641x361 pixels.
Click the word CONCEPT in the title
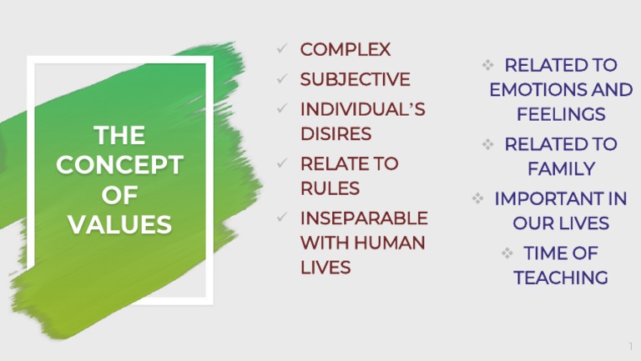[x=119, y=165]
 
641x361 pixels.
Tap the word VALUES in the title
[x=119, y=224]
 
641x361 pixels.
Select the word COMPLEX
[x=345, y=49]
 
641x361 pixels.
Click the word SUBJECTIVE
[x=355, y=79]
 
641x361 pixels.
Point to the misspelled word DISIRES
[x=336, y=133]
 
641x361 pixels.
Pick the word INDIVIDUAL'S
[x=362, y=109]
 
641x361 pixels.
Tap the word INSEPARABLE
[x=364, y=218]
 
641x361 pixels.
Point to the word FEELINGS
[x=560, y=114]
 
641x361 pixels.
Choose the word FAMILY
[x=561, y=168]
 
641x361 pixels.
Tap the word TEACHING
[x=560, y=278]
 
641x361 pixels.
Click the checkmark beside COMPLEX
[x=283, y=50]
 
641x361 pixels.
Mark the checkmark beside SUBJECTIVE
[x=283, y=80]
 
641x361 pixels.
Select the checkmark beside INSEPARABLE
[x=283, y=218]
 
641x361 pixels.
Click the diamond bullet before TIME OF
[x=507, y=253]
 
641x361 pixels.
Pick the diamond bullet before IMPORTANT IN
[x=478, y=198]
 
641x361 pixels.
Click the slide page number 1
[x=630, y=346]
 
